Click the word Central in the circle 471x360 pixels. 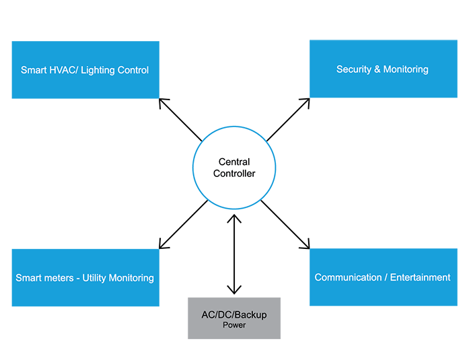[x=234, y=162]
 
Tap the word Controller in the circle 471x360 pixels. [x=234, y=174]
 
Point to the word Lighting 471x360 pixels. [x=99, y=71]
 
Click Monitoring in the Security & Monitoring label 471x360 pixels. [x=406, y=70]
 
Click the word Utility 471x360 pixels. [x=96, y=278]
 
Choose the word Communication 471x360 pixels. [x=347, y=277]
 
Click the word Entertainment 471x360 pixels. [x=420, y=277]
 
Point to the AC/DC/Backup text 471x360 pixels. [x=234, y=315]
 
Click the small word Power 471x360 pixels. [x=234, y=326]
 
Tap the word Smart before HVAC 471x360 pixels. [x=34, y=70]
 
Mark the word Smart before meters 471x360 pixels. [x=29, y=278]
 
